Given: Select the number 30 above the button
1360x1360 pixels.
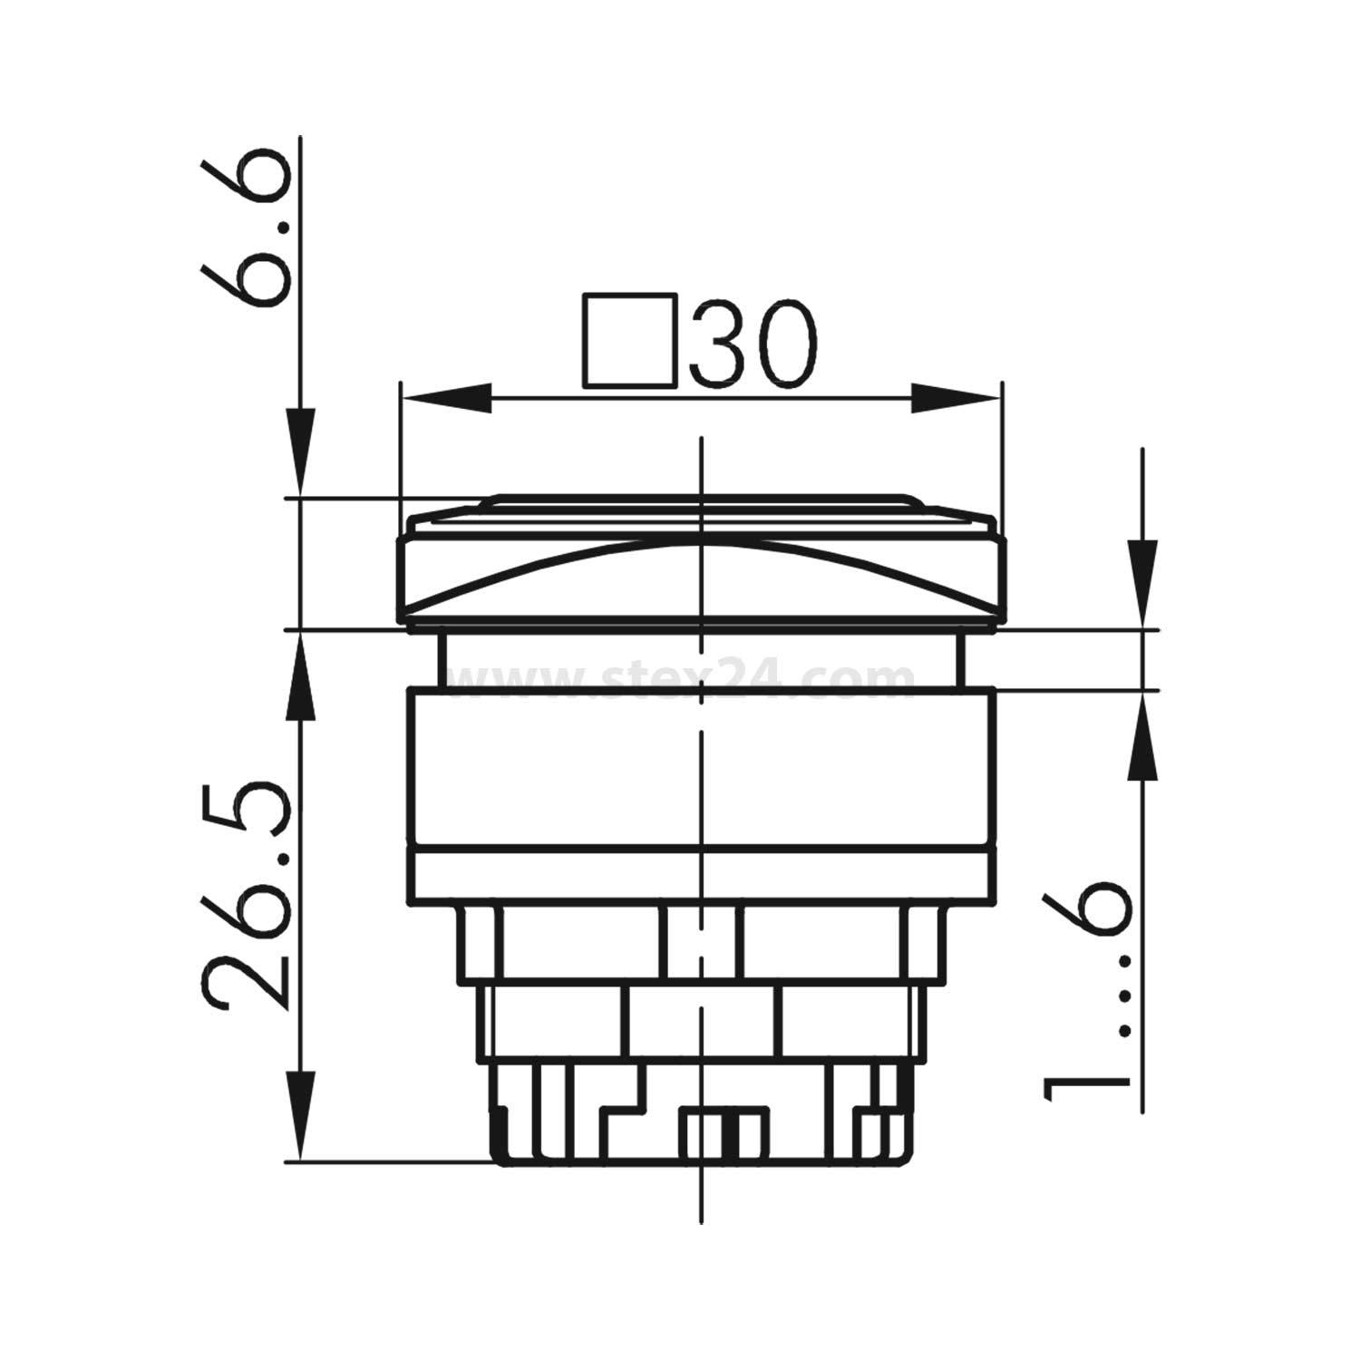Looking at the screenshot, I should tap(753, 343).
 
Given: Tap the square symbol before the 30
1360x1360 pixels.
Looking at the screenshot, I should tap(631, 340).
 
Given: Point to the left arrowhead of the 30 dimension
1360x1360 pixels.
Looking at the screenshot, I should tap(444, 397).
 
